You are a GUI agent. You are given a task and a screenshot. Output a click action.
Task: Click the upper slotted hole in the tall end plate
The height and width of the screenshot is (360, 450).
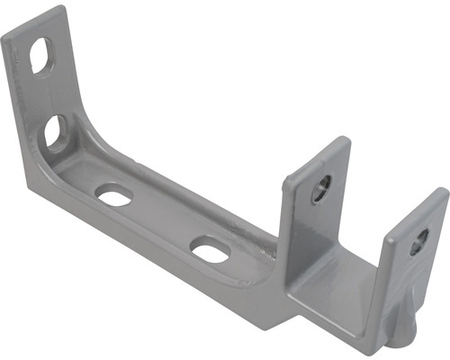(41, 58)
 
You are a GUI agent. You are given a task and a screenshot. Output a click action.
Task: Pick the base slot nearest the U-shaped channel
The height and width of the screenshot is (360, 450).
(210, 249)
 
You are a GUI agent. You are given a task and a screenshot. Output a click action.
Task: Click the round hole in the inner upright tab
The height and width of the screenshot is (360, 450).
(322, 187)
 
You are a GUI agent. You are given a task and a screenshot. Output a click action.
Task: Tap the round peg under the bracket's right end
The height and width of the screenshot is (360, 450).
(401, 340)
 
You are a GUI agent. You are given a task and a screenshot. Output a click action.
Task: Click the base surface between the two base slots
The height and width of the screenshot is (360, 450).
(162, 220)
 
